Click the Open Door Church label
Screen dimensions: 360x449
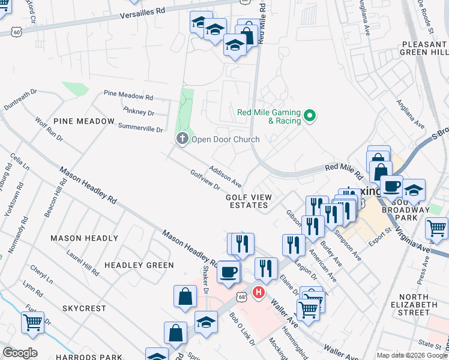tap(225, 140)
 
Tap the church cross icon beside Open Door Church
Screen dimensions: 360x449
tap(182, 139)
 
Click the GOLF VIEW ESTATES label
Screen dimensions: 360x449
tap(249, 201)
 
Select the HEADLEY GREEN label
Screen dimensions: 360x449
tap(139, 265)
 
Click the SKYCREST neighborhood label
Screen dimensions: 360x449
tap(84, 308)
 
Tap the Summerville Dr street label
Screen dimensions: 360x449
tap(140, 127)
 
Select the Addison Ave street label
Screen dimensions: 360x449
tap(225, 174)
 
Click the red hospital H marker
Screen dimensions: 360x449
tap(259, 293)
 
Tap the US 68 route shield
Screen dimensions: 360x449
tap(241, 296)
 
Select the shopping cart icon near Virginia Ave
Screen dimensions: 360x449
tap(436, 227)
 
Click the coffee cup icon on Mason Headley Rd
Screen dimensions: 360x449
tap(228, 271)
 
